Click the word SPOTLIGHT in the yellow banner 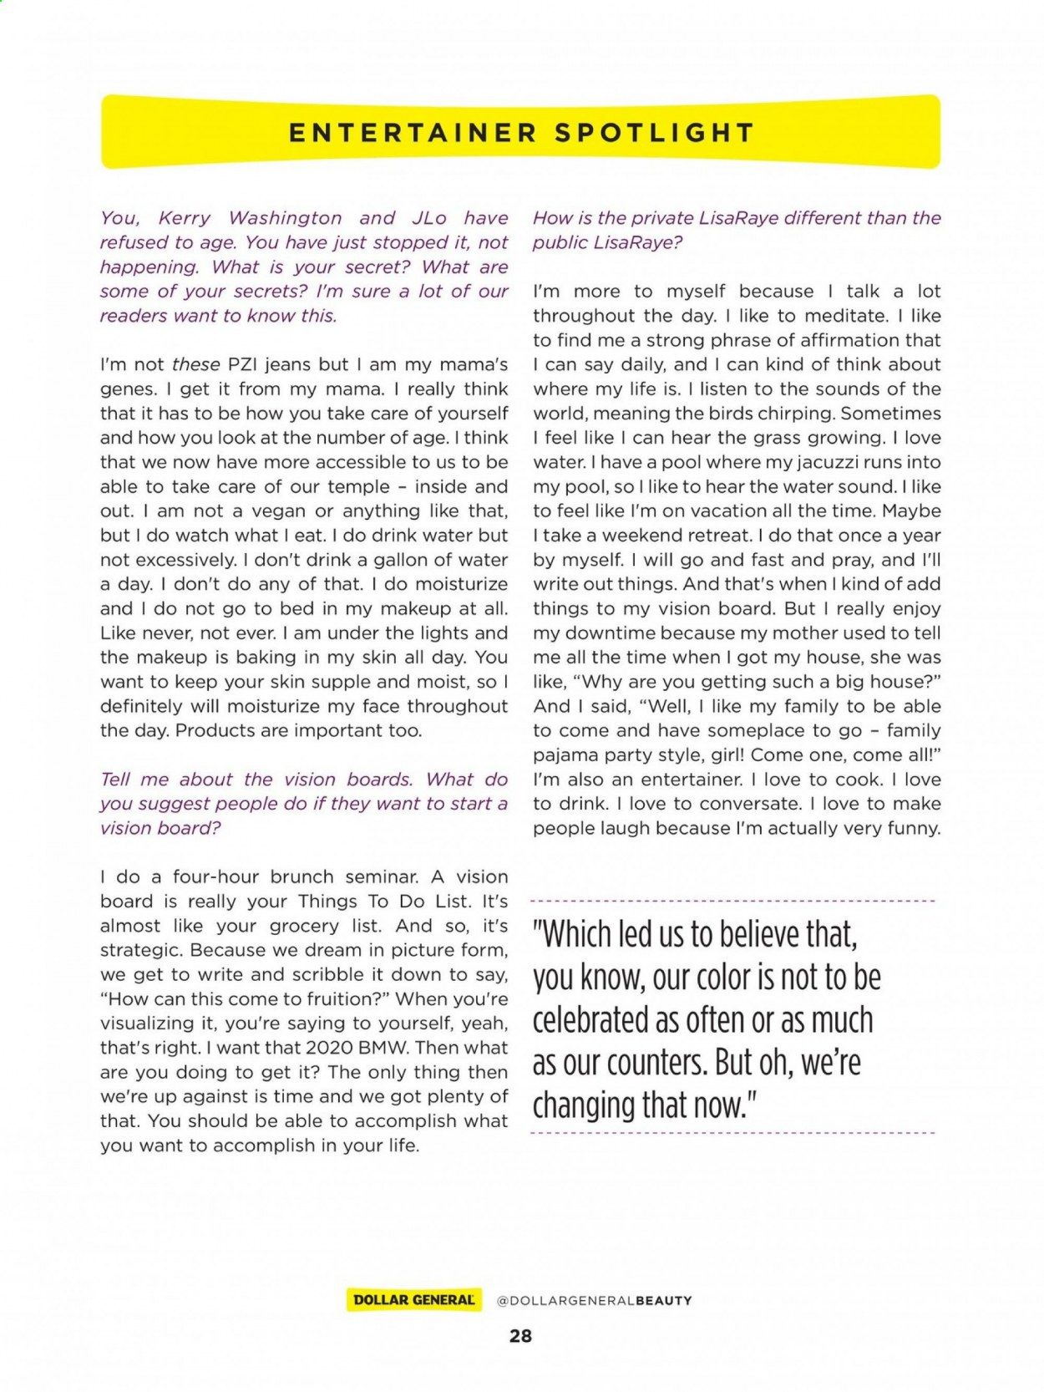click(x=655, y=133)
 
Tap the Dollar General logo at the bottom click(x=414, y=1300)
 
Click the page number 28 click(x=520, y=1336)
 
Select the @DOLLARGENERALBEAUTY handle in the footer click(x=594, y=1300)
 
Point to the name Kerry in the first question click(x=185, y=218)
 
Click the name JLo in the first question click(x=429, y=218)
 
